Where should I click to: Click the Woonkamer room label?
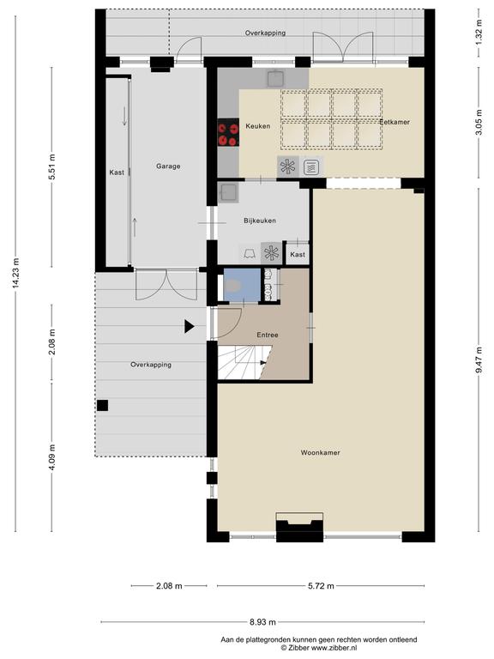pyautogui.click(x=320, y=453)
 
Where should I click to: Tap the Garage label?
pyautogui.click(x=168, y=166)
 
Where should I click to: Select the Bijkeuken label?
pyautogui.click(x=260, y=221)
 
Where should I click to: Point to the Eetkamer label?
pyautogui.click(x=395, y=122)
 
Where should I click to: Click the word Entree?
pyautogui.click(x=268, y=335)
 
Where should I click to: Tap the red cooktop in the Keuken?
pyautogui.click(x=228, y=132)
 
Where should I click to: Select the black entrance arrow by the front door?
pyautogui.click(x=189, y=326)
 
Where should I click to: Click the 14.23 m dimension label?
pyautogui.click(x=16, y=273)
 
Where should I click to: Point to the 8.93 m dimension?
pyautogui.click(x=263, y=621)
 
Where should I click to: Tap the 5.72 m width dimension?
pyautogui.click(x=322, y=586)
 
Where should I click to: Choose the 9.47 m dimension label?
pyautogui.click(x=479, y=360)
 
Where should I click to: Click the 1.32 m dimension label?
pyautogui.click(x=479, y=33)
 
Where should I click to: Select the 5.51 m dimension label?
pyautogui.click(x=51, y=167)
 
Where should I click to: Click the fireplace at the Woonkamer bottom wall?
pyautogui.click(x=299, y=527)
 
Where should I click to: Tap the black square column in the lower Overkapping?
pyautogui.click(x=103, y=405)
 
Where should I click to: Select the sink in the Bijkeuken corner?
pyautogui.click(x=228, y=192)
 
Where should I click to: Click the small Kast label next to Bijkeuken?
pyautogui.click(x=298, y=254)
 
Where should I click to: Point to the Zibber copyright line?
pyautogui.click(x=319, y=648)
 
